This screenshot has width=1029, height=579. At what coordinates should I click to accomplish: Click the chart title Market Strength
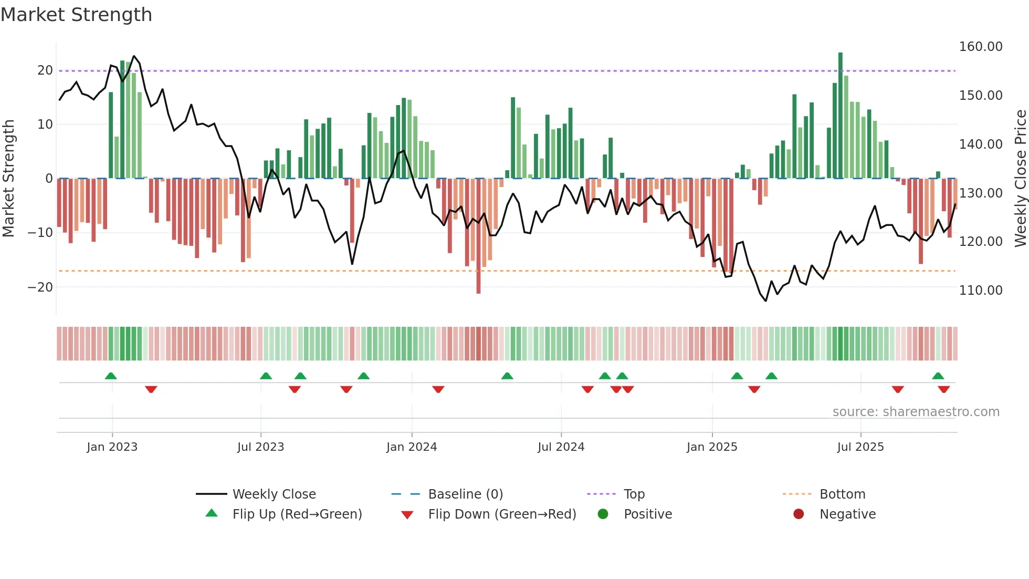pos(76,14)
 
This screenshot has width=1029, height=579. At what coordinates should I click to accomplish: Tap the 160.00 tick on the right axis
pos(980,47)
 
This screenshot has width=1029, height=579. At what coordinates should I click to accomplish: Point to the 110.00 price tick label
pos(980,290)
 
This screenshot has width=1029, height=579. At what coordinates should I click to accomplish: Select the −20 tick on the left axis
pos(40,287)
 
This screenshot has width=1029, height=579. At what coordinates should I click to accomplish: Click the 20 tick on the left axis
pos(45,70)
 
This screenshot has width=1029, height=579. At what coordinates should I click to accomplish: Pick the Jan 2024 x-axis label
pos(412,447)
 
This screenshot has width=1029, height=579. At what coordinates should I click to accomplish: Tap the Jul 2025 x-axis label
pos(860,447)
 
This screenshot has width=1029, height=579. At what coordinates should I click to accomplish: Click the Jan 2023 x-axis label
pos(112,447)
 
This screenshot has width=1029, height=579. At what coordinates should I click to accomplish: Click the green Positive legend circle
pos(603,514)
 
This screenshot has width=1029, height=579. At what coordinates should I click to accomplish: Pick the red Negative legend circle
pos(798,514)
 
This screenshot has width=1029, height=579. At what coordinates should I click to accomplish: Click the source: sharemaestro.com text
pos(916,412)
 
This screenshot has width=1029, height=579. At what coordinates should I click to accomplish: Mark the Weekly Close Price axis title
pos(1020,178)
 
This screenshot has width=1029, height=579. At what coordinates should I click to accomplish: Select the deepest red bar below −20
pos(478,236)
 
